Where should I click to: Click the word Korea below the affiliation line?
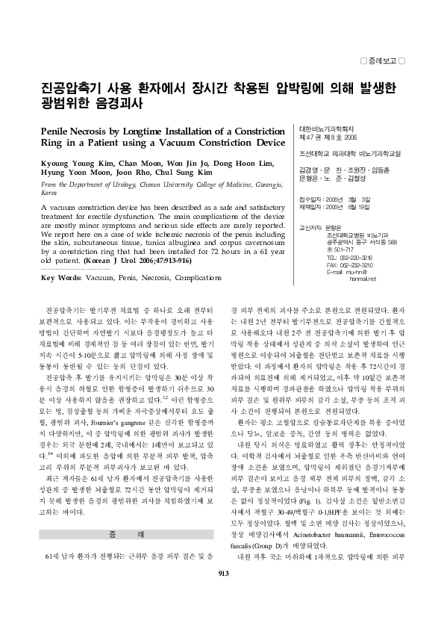tap(49, 191)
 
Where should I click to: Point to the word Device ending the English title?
tap(266, 142)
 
